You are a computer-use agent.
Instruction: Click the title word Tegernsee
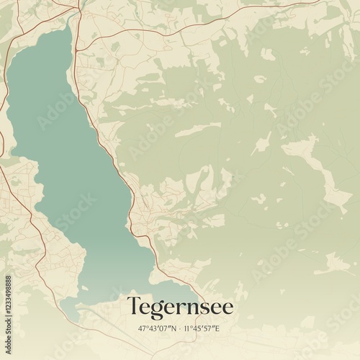180,306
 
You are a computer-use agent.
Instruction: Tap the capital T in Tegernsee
134,305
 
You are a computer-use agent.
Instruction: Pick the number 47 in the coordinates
142,328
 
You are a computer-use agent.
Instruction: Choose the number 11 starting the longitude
186,328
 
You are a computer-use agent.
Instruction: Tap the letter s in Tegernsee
204,307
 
